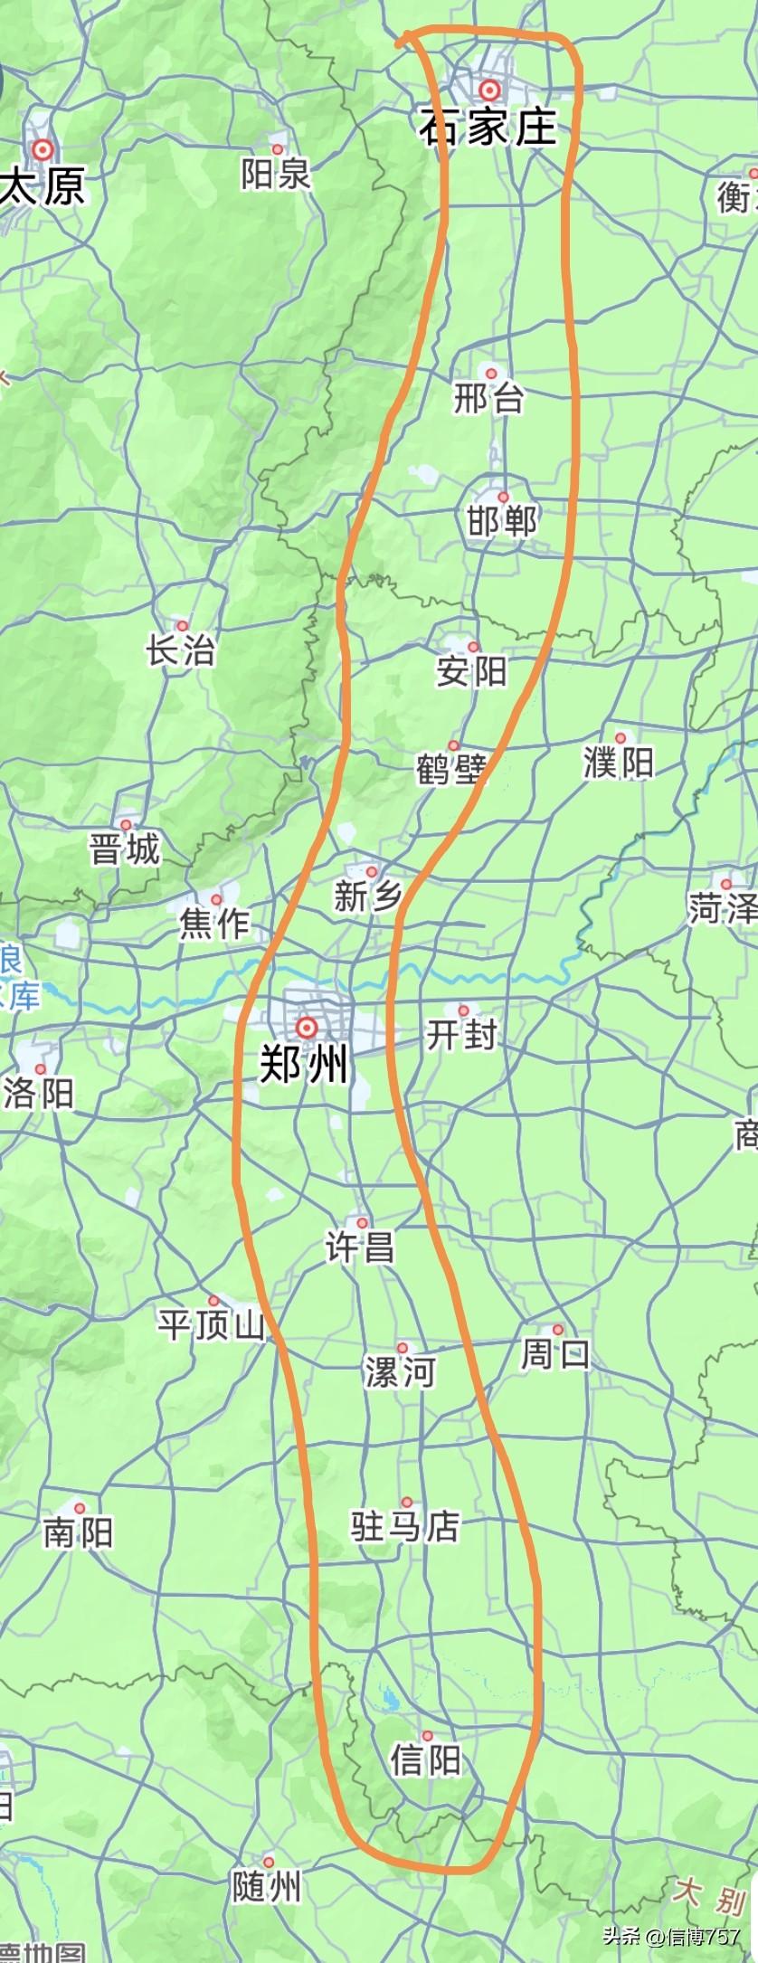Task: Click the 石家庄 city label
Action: click(488, 126)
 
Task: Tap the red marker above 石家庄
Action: click(489, 90)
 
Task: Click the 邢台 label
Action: click(489, 398)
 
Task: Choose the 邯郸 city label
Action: click(503, 522)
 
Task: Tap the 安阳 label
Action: click(471, 672)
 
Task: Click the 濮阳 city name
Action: click(618, 763)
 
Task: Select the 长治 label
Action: click(182, 650)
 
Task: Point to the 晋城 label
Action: click(125, 849)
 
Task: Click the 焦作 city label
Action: click(214, 924)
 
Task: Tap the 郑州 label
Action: click(305, 1065)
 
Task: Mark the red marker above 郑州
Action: click(307, 1028)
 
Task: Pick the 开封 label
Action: click(462, 1034)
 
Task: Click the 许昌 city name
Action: click(360, 1248)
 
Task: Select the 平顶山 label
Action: click(212, 1326)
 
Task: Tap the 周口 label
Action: click(556, 1354)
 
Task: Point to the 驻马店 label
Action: click(406, 1527)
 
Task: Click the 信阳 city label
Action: click(426, 1760)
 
